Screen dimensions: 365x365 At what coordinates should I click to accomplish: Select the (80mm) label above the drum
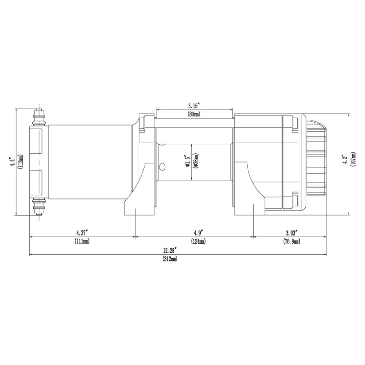(194, 114)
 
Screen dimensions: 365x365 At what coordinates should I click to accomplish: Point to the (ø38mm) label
(195, 162)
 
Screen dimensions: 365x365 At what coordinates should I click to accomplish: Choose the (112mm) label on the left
(21, 162)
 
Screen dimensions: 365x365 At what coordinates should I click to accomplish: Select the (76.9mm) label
(290, 241)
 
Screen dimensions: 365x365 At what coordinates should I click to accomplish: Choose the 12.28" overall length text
(170, 250)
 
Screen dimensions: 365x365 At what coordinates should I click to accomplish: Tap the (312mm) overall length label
(170, 259)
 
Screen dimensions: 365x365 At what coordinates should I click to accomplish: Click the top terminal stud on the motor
(40, 118)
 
